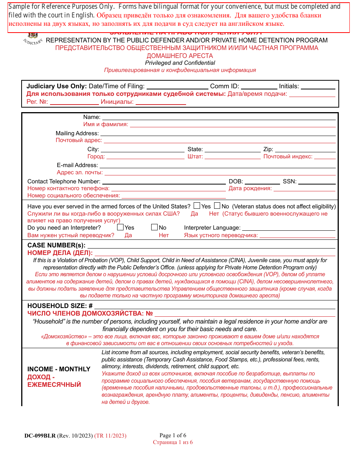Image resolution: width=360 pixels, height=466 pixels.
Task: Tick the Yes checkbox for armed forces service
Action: pyautogui.click(x=197, y=206)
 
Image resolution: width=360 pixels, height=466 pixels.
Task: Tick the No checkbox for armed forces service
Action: pyautogui.click(x=217, y=206)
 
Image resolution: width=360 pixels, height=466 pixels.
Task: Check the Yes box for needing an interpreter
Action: pyautogui.click(x=120, y=227)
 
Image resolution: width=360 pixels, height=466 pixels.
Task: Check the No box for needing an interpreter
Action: pyautogui.click(x=154, y=227)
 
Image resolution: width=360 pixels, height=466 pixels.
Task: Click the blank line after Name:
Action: pyautogui.click(x=219, y=117)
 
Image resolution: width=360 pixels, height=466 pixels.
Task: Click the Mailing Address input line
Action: pyautogui.click(x=218, y=133)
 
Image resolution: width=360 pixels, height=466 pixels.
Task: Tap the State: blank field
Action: pyautogui.click(x=232, y=149)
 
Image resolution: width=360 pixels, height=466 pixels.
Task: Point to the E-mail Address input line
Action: pyautogui.click(x=217, y=165)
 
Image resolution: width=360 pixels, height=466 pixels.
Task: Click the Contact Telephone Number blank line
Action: pyautogui.click(x=164, y=181)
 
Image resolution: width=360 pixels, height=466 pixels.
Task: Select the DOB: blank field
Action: pyautogui.click(x=262, y=181)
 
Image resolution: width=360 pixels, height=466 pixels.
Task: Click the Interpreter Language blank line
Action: pyautogui.click(x=288, y=228)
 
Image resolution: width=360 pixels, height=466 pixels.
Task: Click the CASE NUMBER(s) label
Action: pyautogui.click(x=56, y=245)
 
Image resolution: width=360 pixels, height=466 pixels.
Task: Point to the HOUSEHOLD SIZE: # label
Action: pyautogui.click(x=60, y=306)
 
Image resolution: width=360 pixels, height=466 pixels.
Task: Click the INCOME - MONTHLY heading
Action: pyautogui.click(x=59, y=369)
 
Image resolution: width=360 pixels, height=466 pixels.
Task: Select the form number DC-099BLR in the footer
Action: pyautogui.click(x=40, y=436)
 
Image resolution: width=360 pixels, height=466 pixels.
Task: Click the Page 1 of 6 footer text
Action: pyautogui.click(x=173, y=435)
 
